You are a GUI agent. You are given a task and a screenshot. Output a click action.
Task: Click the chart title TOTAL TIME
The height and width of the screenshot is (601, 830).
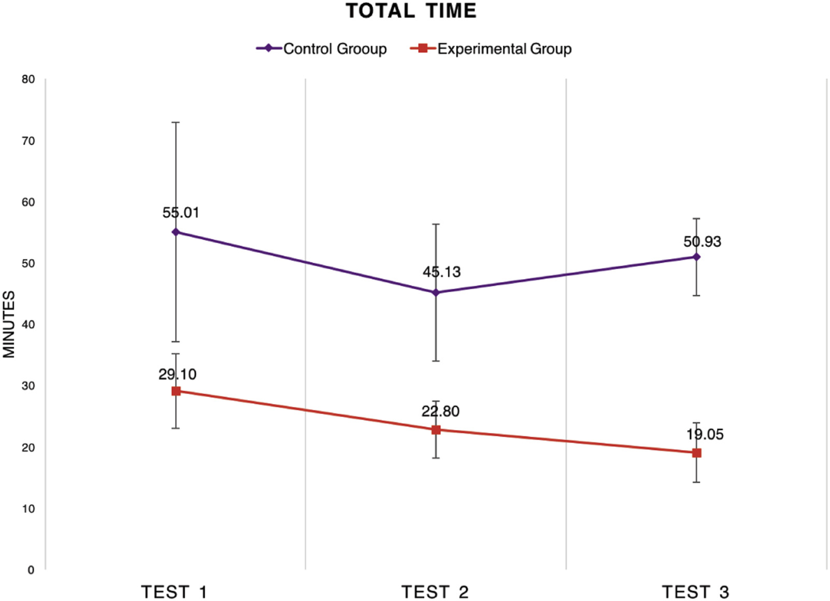coord(411,11)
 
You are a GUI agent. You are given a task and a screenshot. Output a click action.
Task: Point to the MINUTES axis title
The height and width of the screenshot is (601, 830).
coord(9,324)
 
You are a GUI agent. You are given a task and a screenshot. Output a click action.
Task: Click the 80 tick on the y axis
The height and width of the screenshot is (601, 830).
coord(28,79)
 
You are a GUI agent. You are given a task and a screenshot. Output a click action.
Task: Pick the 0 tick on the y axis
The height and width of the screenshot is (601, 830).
coord(31,570)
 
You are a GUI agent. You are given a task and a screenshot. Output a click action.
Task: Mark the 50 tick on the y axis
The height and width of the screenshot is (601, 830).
coord(28,263)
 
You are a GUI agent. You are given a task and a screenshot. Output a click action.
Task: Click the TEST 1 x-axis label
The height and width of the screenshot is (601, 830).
coord(175,592)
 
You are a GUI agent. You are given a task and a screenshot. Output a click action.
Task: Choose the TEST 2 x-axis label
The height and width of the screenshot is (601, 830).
coord(435,592)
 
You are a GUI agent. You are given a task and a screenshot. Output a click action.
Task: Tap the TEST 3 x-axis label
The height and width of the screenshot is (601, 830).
coord(696,592)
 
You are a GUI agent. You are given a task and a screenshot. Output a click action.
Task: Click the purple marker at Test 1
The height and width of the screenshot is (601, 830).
coord(176,232)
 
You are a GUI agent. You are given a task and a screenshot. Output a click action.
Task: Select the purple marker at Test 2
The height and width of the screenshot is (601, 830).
coord(436,293)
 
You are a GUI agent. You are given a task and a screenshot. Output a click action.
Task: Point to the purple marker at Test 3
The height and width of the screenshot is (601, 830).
coord(696,257)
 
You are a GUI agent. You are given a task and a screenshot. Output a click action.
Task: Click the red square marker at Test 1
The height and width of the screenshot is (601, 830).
coord(176,391)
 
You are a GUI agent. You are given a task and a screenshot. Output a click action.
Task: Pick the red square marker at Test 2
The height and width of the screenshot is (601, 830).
coord(436,430)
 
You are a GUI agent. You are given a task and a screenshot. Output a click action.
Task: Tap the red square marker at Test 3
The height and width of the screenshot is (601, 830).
coord(696,453)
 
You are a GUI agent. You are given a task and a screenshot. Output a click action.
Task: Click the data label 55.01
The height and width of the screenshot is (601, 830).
coord(180,212)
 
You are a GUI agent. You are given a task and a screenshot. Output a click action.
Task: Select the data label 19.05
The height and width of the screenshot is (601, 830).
coord(705,434)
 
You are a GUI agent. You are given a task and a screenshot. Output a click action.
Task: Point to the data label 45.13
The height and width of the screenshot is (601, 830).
coord(441,272)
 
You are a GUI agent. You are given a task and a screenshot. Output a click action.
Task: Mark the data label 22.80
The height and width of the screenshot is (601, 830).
coord(440,411)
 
